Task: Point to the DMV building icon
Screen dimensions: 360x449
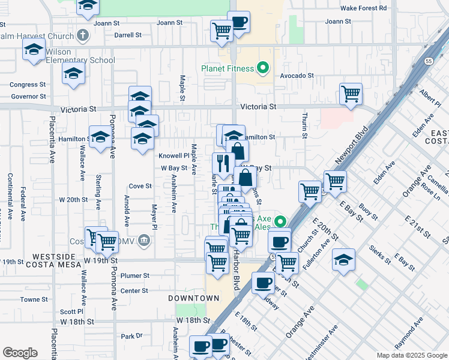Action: pos(143,241)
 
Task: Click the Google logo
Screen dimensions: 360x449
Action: pos(20,353)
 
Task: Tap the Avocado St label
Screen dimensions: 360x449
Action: pos(297,76)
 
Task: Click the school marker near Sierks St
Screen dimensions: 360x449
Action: pos(343,260)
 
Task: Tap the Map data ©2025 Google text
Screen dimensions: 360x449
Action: pos(411,355)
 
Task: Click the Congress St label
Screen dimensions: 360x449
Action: pos(28,85)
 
